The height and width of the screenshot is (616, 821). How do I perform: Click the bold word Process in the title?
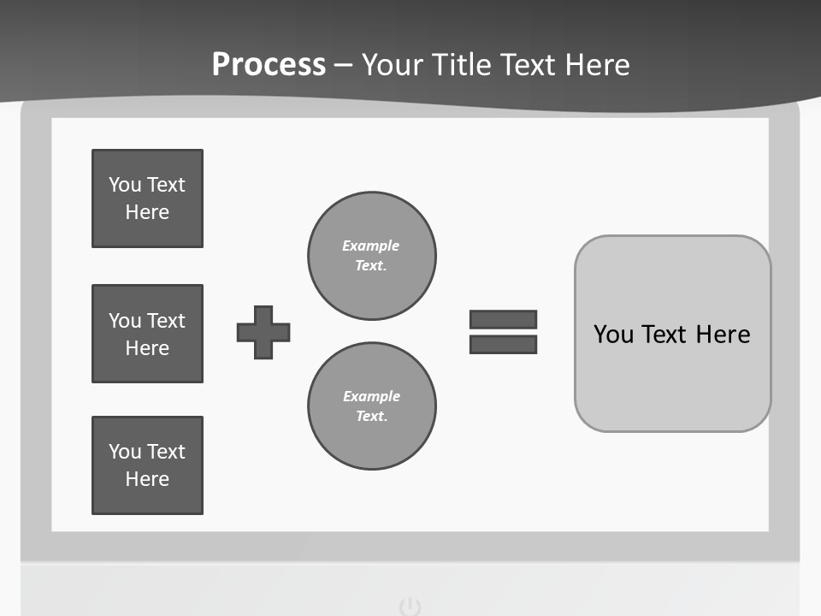pos(269,65)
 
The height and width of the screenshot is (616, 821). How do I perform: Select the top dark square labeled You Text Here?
pos(147,198)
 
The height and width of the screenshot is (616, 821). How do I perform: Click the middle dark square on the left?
pos(147,334)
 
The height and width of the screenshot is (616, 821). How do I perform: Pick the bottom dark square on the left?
pos(147,465)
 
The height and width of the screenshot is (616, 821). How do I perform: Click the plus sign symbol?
pos(263,332)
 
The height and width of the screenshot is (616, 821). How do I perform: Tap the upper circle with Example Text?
pos(371,256)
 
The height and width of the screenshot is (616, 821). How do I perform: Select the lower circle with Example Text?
pos(371,406)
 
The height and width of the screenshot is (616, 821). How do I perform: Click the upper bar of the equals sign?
pos(503,319)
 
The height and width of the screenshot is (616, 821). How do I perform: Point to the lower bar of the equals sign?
pos(503,344)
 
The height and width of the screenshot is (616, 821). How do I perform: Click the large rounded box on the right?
pos(672,334)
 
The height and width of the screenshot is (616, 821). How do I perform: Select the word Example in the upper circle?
pos(371,246)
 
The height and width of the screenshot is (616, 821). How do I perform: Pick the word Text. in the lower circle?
pos(371,417)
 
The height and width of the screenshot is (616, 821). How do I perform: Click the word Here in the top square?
pos(147,212)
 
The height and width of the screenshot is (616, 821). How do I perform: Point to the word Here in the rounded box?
pos(723,335)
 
